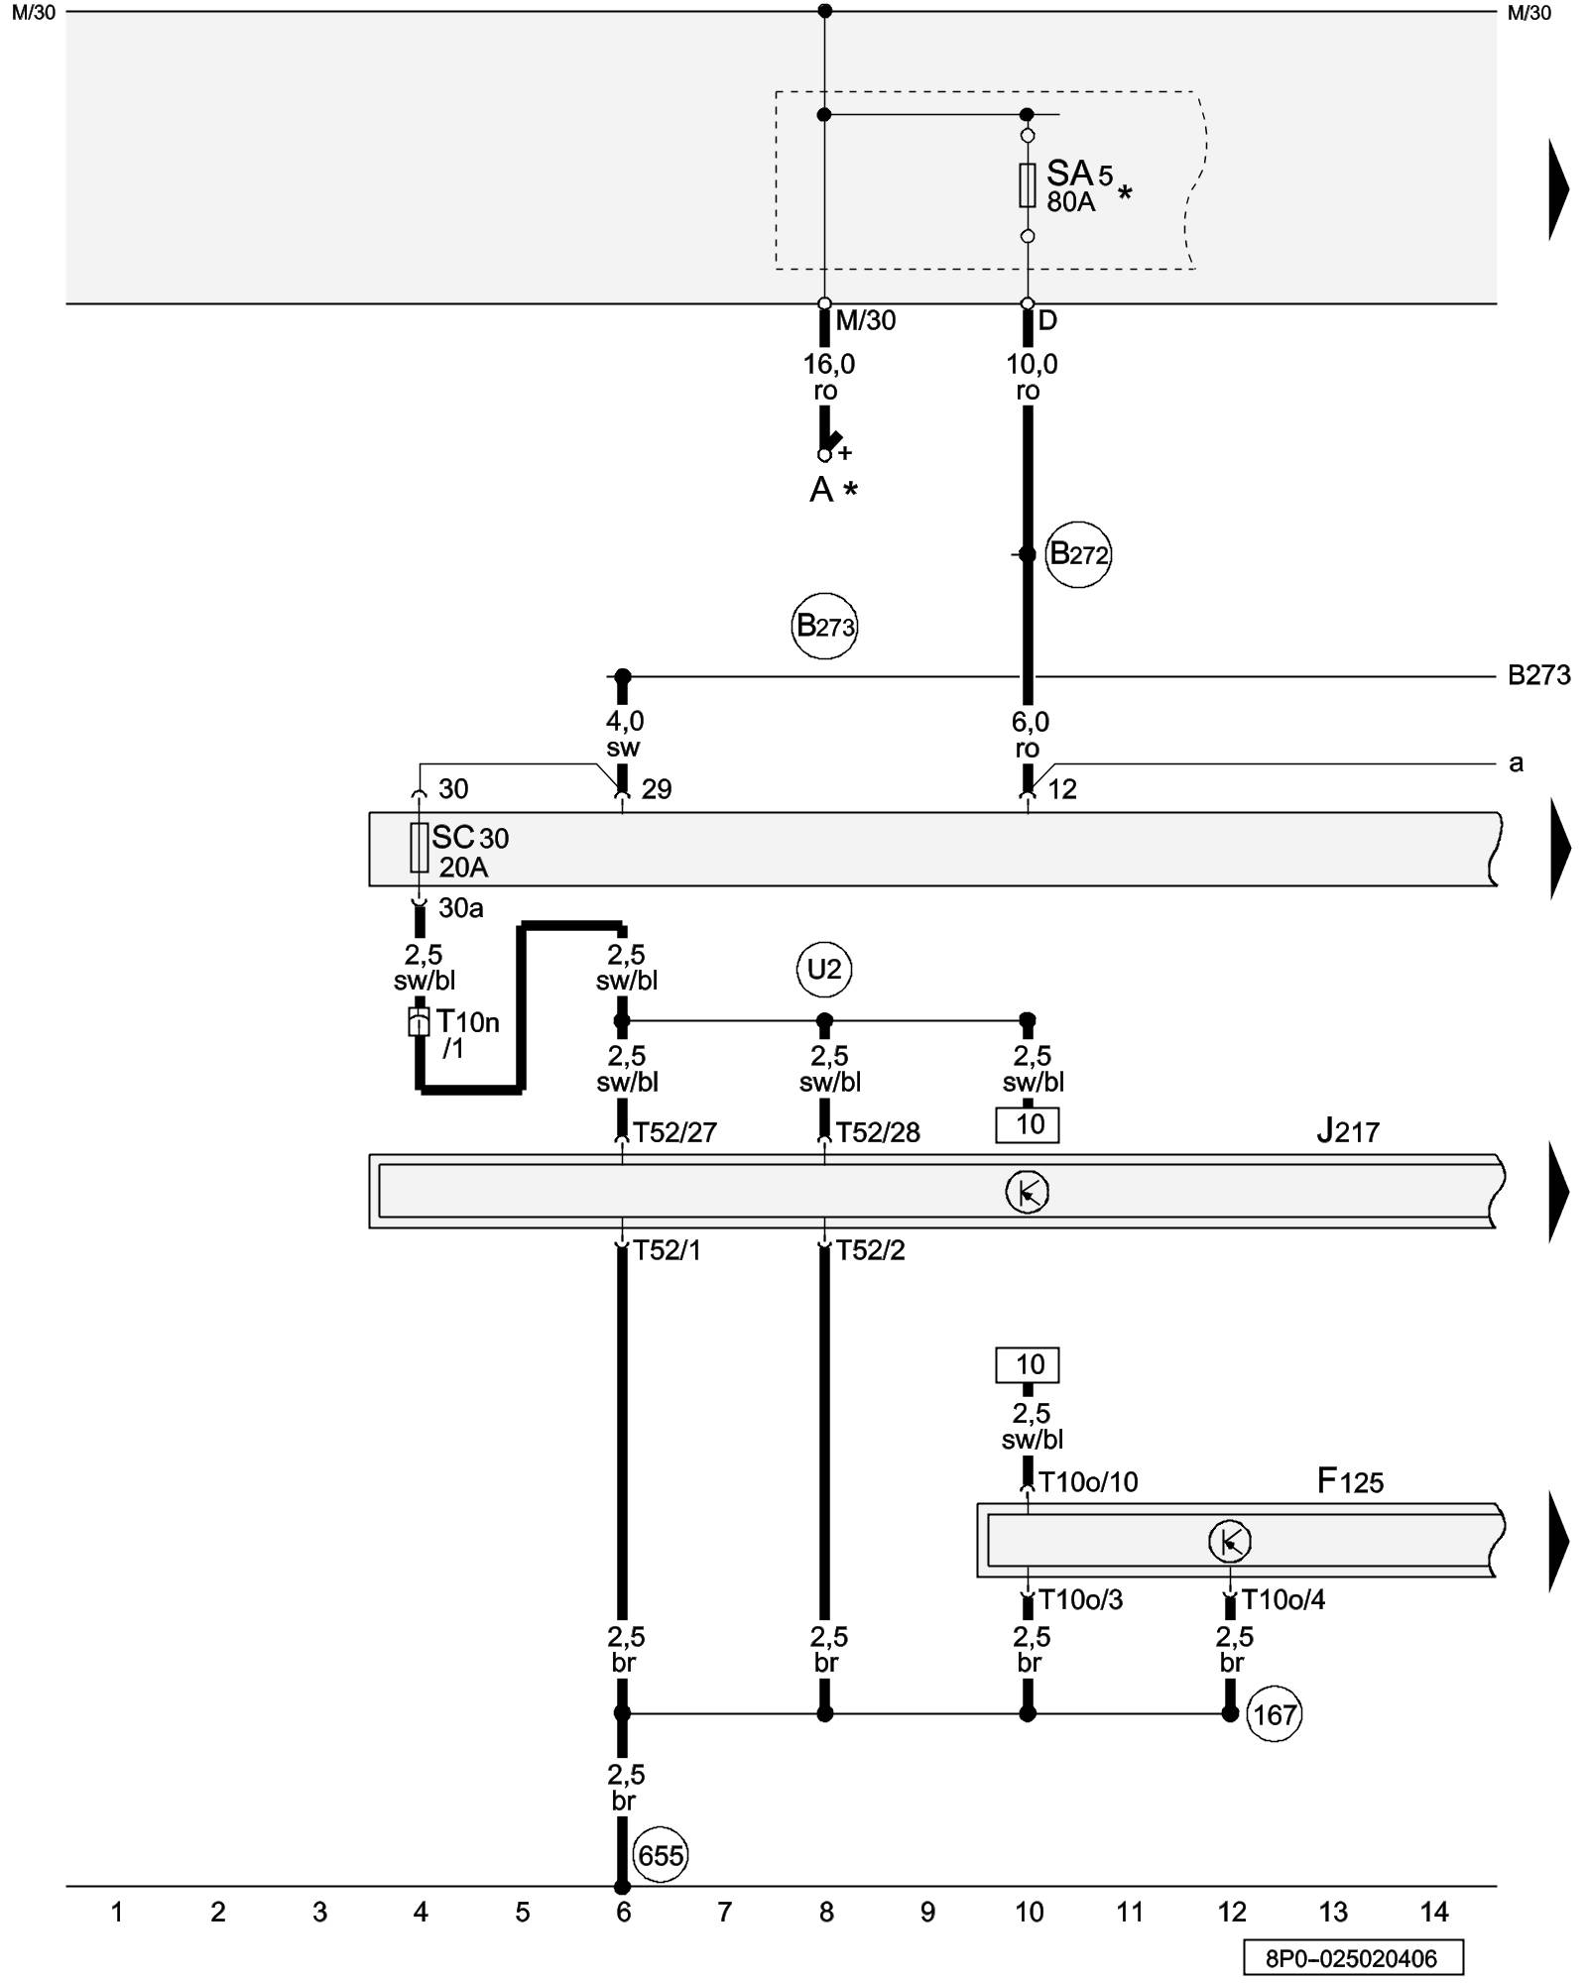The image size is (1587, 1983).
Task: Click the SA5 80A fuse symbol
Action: [x=1028, y=185]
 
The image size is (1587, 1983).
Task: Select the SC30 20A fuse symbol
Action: [x=420, y=848]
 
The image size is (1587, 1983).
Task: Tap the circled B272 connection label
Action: [x=1078, y=554]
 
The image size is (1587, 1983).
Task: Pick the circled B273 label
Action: [x=824, y=627]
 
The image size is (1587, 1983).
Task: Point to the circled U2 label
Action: [x=824, y=969]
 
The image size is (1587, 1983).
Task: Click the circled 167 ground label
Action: [x=1274, y=1714]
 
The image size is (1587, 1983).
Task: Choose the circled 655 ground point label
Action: [x=661, y=1855]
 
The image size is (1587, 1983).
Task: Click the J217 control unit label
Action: [x=1348, y=1131]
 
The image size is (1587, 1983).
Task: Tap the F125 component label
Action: [x=1350, y=1481]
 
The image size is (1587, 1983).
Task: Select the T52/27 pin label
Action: [x=674, y=1132]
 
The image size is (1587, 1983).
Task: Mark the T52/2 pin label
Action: [x=870, y=1250]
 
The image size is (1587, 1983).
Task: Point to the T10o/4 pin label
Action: [x=1282, y=1599]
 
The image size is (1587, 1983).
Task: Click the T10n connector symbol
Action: [x=420, y=1022]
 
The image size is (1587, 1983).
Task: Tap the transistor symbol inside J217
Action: [x=1027, y=1192]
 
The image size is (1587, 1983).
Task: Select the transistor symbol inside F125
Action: [x=1230, y=1542]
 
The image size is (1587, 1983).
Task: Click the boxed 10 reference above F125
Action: [x=1028, y=1365]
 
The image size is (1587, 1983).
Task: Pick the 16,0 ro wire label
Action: [x=828, y=378]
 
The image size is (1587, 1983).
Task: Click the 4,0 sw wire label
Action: [x=624, y=734]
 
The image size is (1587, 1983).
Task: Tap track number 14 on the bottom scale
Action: [x=1434, y=1913]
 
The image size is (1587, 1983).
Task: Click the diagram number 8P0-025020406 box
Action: [x=1353, y=1958]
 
